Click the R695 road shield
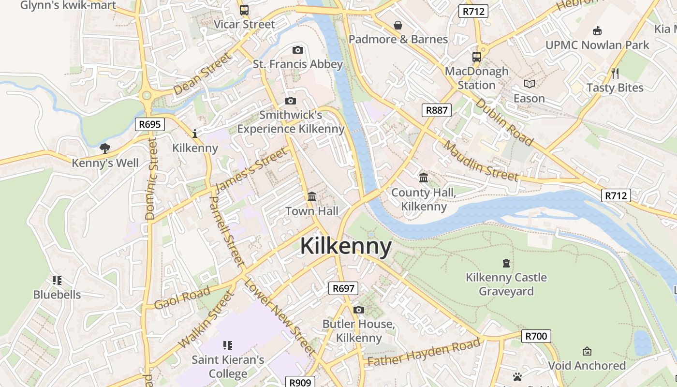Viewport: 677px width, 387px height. [x=149, y=124]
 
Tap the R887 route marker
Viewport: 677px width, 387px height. [x=436, y=110]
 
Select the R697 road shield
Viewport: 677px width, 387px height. [x=343, y=289]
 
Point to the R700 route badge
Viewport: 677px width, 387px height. [x=536, y=336]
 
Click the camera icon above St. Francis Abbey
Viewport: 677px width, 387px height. [x=298, y=50]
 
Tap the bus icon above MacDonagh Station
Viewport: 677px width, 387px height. [x=477, y=57]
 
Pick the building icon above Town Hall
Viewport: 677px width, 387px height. [x=312, y=197]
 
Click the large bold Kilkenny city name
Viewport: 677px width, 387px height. [x=346, y=246]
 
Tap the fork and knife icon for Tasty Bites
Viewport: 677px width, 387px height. [x=615, y=74]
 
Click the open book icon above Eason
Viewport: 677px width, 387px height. [x=530, y=84]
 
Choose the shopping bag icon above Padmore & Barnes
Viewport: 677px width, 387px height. [x=398, y=25]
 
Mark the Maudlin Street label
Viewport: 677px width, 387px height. [x=481, y=161]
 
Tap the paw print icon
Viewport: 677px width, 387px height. [x=517, y=377]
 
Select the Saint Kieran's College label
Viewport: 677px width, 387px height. [x=228, y=367]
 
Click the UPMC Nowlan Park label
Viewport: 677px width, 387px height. [x=597, y=45]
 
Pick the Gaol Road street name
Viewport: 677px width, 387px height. [x=182, y=297]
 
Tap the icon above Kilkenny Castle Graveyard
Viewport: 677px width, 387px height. [x=506, y=263]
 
